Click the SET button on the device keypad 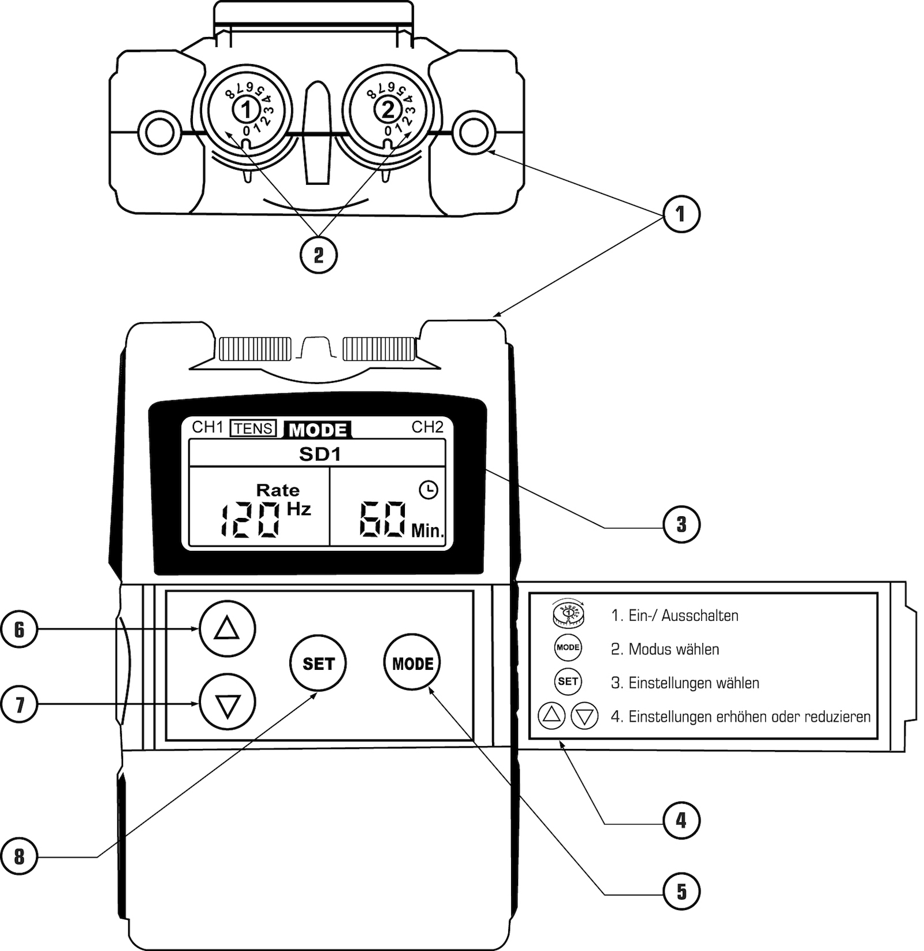pos(318,663)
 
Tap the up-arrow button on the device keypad pos(227,628)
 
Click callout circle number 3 pos(681,524)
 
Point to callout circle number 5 pos(681,892)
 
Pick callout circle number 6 pos(19,629)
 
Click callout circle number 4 pos(681,820)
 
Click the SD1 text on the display pos(319,454)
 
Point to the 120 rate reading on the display pos(250,520)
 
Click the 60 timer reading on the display pos(382,520)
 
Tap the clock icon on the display pos(429,490)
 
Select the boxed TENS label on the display pos(254,428)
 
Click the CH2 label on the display pos(427,427)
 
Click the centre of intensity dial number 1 pos(247,109)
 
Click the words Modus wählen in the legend pos(673,650)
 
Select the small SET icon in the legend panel pos(568,682)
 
